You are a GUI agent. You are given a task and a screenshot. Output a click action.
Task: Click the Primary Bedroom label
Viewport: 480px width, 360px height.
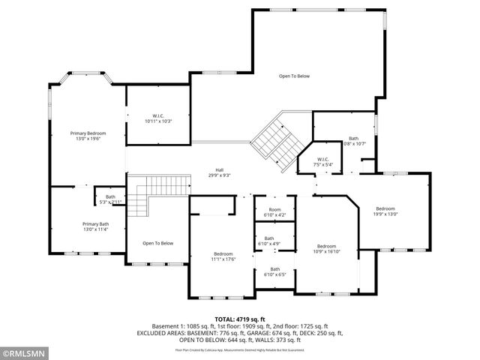88,133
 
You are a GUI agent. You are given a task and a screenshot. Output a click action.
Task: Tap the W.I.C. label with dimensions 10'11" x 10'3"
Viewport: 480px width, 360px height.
157,115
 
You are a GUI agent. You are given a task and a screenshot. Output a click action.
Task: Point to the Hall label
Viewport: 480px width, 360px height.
220,169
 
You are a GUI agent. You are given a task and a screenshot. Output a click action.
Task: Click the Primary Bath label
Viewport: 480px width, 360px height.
95,223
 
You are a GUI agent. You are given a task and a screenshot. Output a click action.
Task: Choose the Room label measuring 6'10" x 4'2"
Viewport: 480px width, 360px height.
274,210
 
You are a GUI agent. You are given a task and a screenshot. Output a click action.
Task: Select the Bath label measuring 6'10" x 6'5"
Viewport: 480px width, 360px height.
274,269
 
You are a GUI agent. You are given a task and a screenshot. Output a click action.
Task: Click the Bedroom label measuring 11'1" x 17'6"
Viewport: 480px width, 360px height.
223,253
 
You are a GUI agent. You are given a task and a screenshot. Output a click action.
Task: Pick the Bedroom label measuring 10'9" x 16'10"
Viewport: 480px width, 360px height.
326,246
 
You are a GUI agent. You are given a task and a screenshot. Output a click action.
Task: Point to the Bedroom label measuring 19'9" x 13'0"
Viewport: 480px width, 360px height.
385,208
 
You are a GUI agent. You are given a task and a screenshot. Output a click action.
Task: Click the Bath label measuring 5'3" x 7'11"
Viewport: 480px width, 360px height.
110,197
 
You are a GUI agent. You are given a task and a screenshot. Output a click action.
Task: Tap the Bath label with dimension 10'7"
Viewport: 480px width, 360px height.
354,139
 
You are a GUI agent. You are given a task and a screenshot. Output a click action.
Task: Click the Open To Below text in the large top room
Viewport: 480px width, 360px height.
294,76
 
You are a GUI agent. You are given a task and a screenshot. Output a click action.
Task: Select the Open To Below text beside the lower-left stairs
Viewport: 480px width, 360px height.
157,243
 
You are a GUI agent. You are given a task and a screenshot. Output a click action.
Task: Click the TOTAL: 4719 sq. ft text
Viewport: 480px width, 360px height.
241,319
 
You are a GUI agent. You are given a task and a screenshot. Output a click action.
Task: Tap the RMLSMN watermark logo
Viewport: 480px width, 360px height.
24,351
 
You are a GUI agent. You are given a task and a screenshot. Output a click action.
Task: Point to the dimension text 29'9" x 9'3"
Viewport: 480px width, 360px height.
220,175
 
